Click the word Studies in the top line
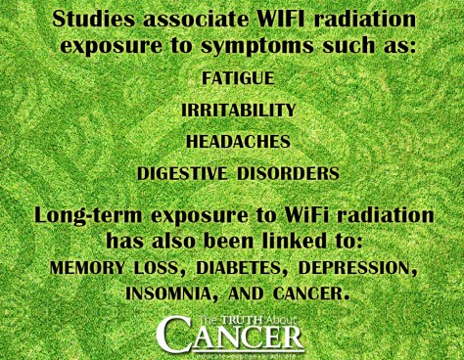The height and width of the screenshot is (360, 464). click(92, 19)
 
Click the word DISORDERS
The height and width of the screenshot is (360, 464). click(286, 173)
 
